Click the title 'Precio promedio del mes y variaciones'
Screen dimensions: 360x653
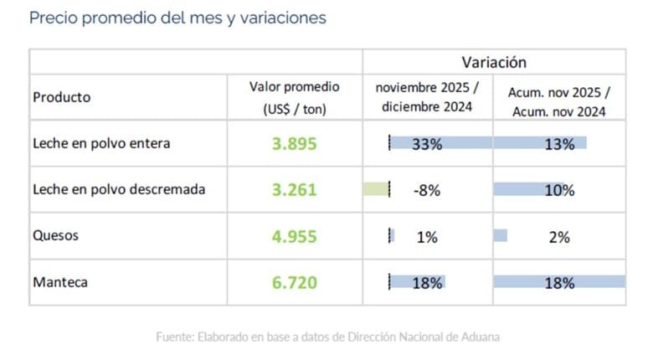[177, 18]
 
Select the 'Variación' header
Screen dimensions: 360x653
[494, 62]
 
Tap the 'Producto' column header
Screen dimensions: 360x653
[61, 97]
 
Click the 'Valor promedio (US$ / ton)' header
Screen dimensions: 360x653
[294, 97]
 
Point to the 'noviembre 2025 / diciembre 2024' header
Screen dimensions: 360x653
[427, 97]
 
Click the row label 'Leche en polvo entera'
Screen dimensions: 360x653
[101, 143]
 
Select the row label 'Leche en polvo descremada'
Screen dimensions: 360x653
[119, 189]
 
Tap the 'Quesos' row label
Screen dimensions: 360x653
[55, 235]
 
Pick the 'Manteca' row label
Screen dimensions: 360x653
[60, 282]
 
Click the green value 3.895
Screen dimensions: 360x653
[294, 143]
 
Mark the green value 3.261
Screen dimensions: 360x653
[294, 190]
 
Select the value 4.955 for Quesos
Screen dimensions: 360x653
[294, 236]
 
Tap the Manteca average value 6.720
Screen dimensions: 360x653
[294, 283]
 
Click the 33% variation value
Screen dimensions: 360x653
[427, 144]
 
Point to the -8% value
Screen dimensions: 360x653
[427, 190]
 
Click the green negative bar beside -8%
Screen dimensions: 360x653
[376, 189]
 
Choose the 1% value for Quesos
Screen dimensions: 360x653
[427, 237]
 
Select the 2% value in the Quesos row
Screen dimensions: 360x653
[559, 237]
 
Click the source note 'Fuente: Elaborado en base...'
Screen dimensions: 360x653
[327, 337]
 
